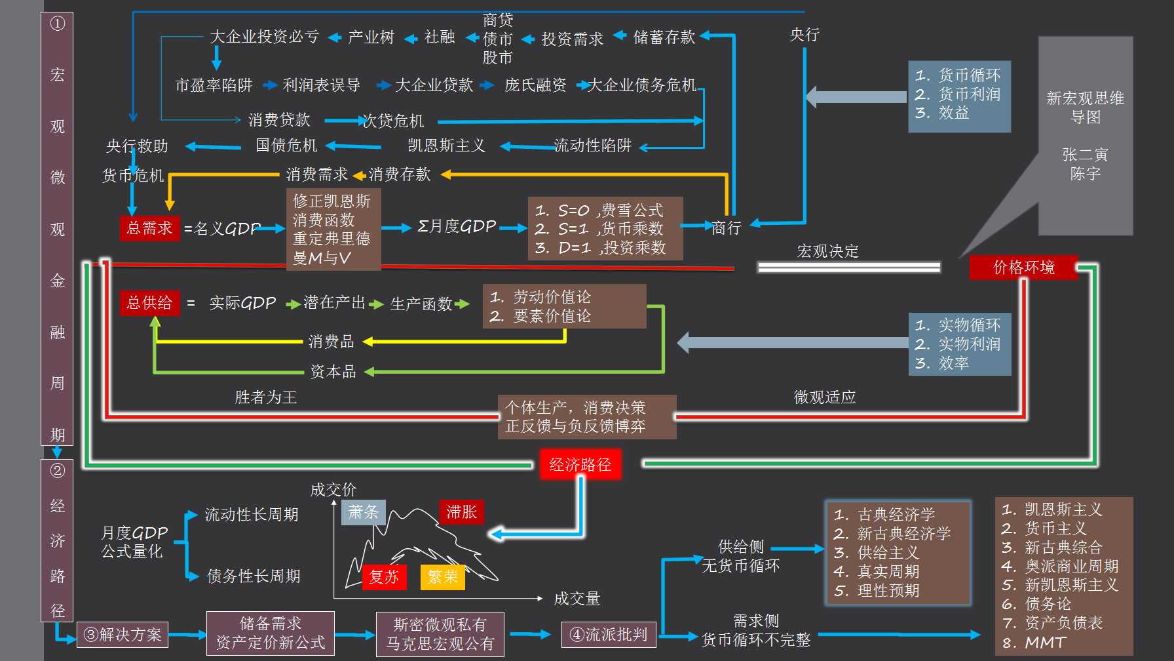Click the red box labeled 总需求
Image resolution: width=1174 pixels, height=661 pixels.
[x=149, y=228]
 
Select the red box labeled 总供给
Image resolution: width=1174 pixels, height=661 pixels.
[x=149, y=302]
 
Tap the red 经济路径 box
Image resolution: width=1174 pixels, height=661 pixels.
[x=580, y=465]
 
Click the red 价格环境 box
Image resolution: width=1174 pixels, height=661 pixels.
[x=1023, y=267]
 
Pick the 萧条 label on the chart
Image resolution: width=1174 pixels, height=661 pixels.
[x=364, y=512]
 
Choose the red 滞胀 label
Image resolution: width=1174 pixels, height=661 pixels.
[x=461, y=512]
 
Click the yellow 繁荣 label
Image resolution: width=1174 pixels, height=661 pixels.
[x=442, y=577]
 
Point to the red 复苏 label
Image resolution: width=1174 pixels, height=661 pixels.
[x=384, y=577]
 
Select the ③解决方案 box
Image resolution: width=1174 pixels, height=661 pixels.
[x=123, y=635]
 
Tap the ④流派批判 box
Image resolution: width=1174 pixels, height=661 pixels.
[x=609, y=635]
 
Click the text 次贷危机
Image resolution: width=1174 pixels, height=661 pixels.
[x=393, y=121]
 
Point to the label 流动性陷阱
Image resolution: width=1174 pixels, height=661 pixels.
[x=592, y=146]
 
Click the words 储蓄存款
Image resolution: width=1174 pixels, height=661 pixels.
[x=664, y=37]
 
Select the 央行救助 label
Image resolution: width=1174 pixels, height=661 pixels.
[x=137, y=146]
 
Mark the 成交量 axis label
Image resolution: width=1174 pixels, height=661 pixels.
[x=577, y=598]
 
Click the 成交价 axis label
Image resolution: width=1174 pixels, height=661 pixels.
[x=333, y=489]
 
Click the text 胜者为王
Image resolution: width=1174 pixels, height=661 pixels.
[x=265, y=397]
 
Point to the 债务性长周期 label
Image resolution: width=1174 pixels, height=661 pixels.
[x=254, y=576]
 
